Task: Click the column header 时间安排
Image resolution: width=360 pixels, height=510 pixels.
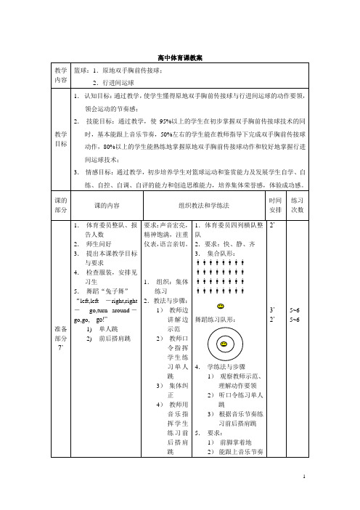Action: pyautogui.click(x=275, y=185)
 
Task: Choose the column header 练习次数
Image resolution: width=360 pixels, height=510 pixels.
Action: pyautogui.click(x=296, y=185)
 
